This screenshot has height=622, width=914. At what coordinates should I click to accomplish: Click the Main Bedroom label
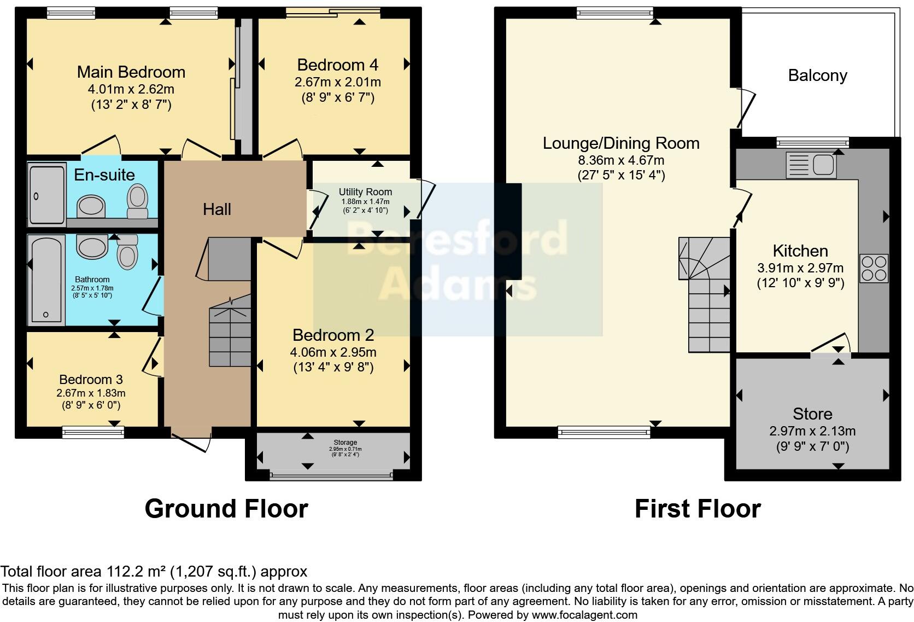tap(131, 72)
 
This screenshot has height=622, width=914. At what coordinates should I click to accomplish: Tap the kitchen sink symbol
tap(811, 165)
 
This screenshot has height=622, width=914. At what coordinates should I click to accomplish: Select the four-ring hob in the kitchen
tap(874, 268)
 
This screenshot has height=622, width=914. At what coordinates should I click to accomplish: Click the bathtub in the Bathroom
tap(46, 279)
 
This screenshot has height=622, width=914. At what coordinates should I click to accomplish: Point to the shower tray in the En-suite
tap(46, 195)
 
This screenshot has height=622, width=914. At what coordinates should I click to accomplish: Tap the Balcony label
tap(817, 75)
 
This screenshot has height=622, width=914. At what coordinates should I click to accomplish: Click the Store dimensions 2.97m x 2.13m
tap(812, 431)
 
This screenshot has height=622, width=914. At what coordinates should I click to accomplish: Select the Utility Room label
tap(365, 192)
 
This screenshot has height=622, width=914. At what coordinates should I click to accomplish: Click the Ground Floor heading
tap(226, 509)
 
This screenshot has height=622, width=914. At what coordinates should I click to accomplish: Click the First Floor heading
tap(697, 509)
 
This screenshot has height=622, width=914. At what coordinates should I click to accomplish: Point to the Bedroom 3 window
tap(93, 432)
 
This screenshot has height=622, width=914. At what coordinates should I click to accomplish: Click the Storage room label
tap(345, 442)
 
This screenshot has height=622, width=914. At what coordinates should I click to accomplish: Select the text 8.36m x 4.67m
tap(621, 160)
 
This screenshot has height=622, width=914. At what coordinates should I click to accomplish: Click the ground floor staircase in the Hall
tap(230, 334)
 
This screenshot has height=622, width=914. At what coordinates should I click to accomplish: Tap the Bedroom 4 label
tap(337, 65)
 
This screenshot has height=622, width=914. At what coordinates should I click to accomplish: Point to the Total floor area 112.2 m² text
tap(154, 572)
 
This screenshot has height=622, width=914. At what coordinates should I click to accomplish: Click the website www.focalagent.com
tap(584, 615)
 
